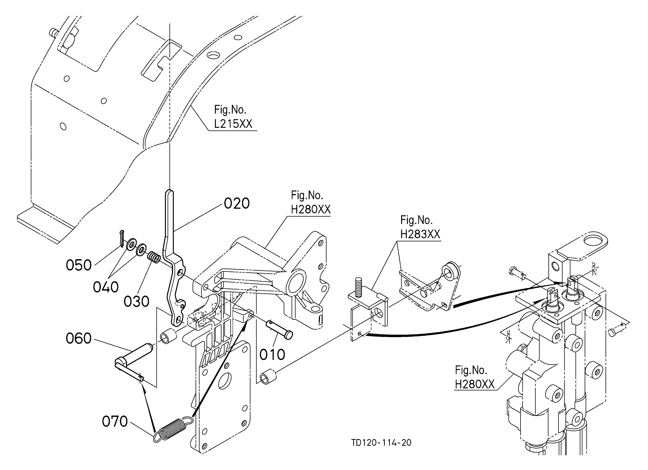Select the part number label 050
79,265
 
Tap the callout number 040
106,287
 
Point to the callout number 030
136,301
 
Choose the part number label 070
115,422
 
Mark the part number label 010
272,355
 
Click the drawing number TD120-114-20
381,443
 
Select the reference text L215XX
233,124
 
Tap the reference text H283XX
420,234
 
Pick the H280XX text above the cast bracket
311,209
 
